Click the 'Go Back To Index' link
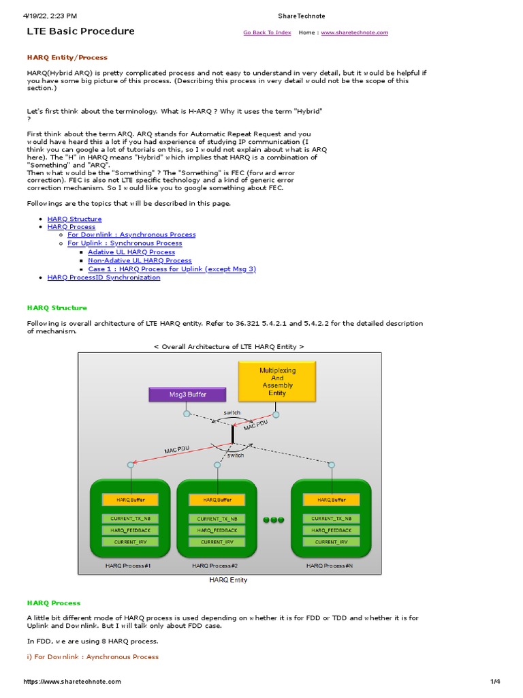[x=267, y=33]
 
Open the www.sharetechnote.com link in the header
[x=354, y=33]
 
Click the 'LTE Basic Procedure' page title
[x=80, y=31]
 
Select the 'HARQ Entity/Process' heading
[x=67, y=58]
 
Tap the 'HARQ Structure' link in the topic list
[x=74, y=219]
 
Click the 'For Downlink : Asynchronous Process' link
[x=131, y=234]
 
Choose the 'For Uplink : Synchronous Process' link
[x=125, y=243]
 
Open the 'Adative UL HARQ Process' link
[x=131, y=252]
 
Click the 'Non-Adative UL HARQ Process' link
[x=140, y=260]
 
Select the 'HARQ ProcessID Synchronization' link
[x=104, y=277]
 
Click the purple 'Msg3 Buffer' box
[x=187, y=394]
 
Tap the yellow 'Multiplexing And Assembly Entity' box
[x=277, y=381]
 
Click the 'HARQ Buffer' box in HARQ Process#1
[x=130, y=500]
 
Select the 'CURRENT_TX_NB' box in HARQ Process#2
[x=217, y=519]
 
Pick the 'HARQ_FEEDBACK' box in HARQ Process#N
[x=332, y=530]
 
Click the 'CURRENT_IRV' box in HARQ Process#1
[x=130, y=542]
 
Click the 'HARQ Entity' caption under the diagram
[x=227, y=580]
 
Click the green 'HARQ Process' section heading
[x=53, y=603]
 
